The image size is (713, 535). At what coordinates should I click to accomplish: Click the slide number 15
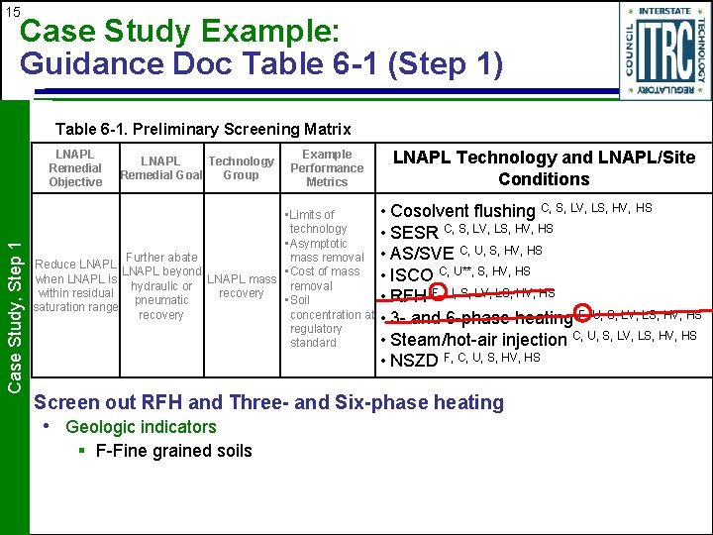[x=12, y=12]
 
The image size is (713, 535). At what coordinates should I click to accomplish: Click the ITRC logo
[x=664, y=49]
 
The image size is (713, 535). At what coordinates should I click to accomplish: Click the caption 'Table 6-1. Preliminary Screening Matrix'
[x=203, y=129]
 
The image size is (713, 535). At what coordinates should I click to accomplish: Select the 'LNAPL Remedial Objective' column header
[x=75, y=168]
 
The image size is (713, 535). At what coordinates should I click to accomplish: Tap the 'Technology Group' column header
[x=241, y=168]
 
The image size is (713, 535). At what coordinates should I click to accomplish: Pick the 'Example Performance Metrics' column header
[x=327, y=168]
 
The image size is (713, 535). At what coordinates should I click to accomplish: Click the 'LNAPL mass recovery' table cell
[x=242, y=286]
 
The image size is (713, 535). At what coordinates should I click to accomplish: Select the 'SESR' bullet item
[x=414, y=232]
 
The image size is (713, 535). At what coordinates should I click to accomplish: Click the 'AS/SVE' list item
[x=423, y=253]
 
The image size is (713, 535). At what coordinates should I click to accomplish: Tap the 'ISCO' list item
[x=412, y=274]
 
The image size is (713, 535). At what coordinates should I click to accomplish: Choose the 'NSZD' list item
[x=414, y=361]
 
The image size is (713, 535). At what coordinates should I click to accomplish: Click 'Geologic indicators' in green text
[x=141, y=427]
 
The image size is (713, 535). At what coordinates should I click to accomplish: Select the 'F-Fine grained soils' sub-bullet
[x=173, y=451]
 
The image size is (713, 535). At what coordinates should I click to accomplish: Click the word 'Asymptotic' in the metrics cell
[x=318, y=244]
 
